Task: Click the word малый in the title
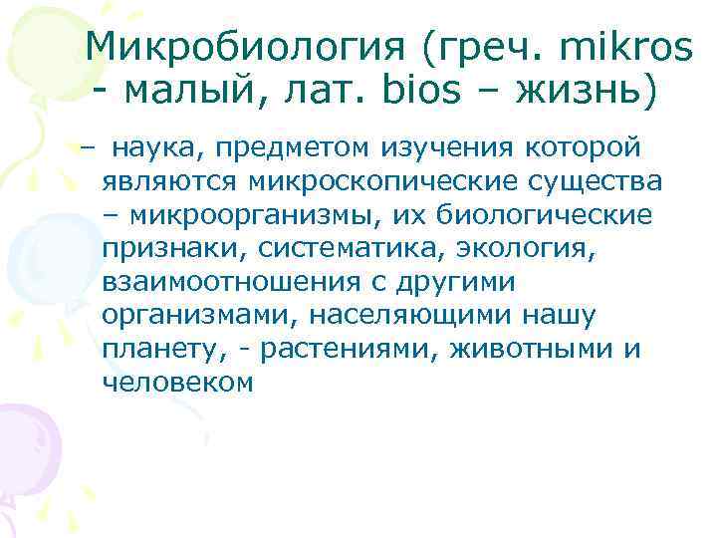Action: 190,95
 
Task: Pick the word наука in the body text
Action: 148,148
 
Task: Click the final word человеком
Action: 178,384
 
